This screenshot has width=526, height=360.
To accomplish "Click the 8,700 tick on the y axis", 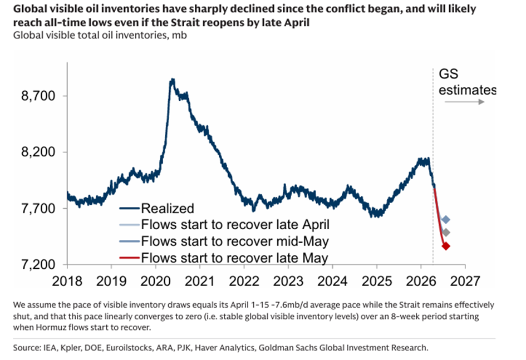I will tap(40, 96).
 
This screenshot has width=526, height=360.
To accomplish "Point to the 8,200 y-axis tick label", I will tap(40, 152).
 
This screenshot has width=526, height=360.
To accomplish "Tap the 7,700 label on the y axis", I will tap(40, 209).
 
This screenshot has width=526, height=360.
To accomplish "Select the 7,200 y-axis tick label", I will tap(40, 264).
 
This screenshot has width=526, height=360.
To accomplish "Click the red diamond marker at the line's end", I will tap(446, 246).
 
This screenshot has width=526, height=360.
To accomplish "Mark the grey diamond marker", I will tap(446, 232).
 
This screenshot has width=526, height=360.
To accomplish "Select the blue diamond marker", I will tap(446, 220).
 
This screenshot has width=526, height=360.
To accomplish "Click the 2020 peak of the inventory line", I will tap(173, 80).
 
